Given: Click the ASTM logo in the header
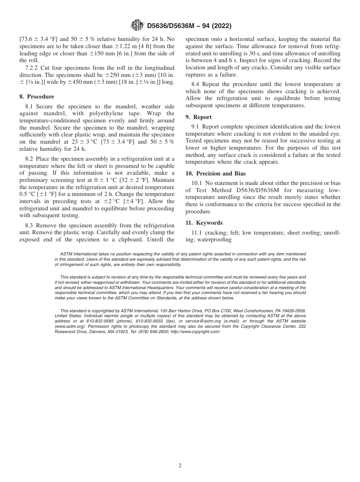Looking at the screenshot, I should (137, 25).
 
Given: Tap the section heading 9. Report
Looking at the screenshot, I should (199, 117).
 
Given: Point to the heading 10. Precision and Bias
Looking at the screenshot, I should (216, 174).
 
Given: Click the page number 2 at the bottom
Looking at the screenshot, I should (180, 466).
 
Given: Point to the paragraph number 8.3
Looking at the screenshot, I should (30, 225).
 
